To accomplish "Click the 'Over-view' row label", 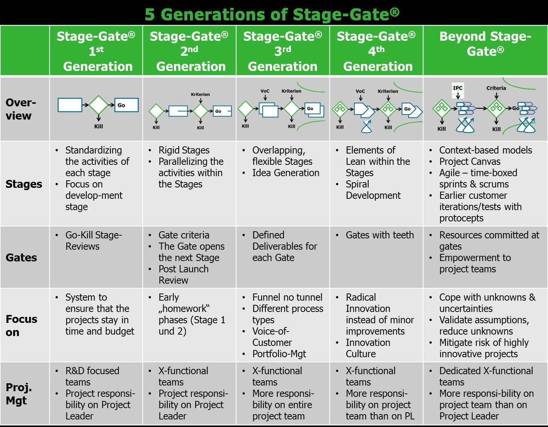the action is coord(21,109).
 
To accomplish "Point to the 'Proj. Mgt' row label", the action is coord(19,394).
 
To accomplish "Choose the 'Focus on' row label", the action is coord(21,326).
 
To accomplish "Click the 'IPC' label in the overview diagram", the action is coord(458,88).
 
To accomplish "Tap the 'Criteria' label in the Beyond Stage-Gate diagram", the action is coord(496,88).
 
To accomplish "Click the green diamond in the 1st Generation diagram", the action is coord(99,105).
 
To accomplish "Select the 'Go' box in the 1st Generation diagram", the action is coord(126,105).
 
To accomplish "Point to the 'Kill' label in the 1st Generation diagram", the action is coord(99,126).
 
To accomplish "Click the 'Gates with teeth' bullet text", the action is coord(380,235).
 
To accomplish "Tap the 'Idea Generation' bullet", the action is coord(286,173).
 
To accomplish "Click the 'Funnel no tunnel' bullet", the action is coord(287,297).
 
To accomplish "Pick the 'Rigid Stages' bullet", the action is coord(184,150).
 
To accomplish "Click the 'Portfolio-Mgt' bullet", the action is coord(279,354).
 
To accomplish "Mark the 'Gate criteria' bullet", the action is coord(184,235).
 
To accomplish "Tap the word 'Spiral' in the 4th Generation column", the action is coord(357,184).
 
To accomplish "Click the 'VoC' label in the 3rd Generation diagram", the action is coord(265,91).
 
